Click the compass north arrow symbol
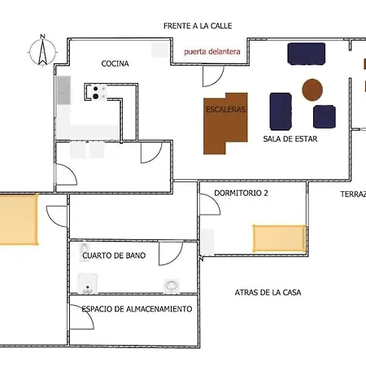tap(42, 50)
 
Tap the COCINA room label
tap(115, 63)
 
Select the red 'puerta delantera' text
tap(212, 51)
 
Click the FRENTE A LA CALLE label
tap(198, 26)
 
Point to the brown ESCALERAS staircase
tap(225, 124)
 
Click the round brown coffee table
tap(312, 89)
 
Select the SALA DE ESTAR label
tap(290, 139)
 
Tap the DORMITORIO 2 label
tap(241, 193)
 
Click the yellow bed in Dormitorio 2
tap(279, 238)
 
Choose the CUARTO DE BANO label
tap(114, 255)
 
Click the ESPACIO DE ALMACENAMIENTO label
tap(137, 309)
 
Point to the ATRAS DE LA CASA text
tap(268, 293)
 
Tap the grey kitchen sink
tap(63, 90)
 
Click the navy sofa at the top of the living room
tap(307, 54)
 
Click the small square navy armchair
tap(325, 116)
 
